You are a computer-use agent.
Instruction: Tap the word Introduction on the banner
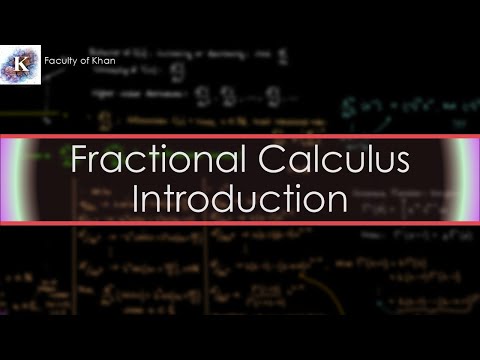coord(240,197)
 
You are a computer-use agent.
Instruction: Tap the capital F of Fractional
coord(79,161)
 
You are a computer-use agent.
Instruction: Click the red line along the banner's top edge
coord(240,133)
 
